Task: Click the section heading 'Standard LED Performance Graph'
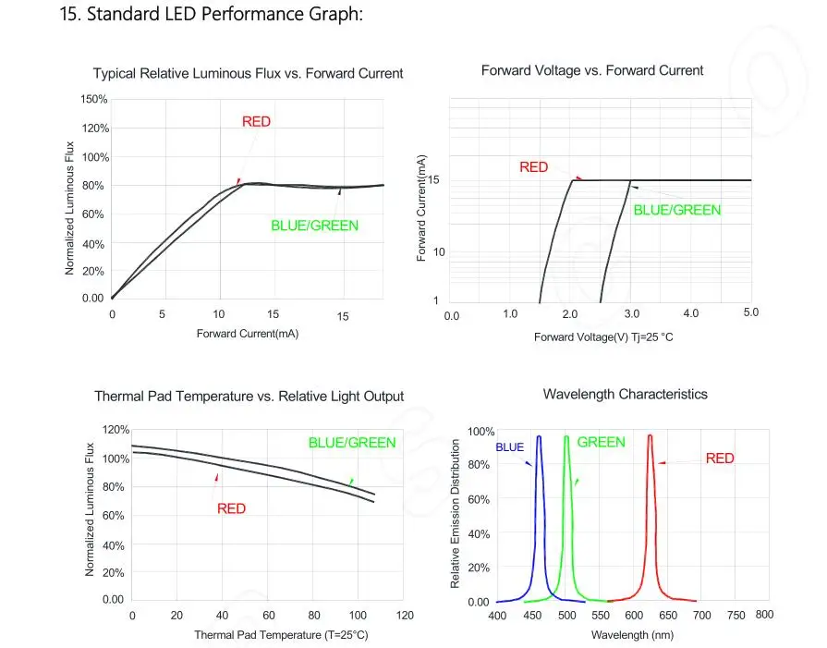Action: [x=225, y=14]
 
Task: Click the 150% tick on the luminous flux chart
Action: [x=94, y=99]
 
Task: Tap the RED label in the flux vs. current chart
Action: [x=256, y=122]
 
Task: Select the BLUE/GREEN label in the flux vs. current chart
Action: [x=314, y=226]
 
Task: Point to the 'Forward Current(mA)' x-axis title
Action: [x=248, y=334]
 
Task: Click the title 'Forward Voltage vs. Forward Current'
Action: [x=592, y=70]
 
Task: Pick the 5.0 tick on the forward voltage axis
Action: [x=750, y=312]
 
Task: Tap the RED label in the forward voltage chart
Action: [x=534, y=167]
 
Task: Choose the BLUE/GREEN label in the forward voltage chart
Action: [x=676, y=210]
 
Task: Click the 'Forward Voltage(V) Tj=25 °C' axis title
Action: [x=603, y=337]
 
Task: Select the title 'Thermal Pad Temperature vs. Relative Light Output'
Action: [x=249, y=397]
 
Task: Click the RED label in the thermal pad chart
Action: [x=232, y=508]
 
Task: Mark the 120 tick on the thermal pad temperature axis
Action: [x=405, y=616]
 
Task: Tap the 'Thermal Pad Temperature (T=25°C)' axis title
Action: [x=281, y=635]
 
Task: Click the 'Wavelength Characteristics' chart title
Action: [x=625, y=394]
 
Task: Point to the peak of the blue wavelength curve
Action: [x=539, y=436]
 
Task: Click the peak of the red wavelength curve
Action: [x=650, y=436]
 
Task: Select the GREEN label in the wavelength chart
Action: [x=601, y=442]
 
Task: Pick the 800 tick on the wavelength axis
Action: [x=764, y=614]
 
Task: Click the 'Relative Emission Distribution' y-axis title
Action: [x=455, y=513]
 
